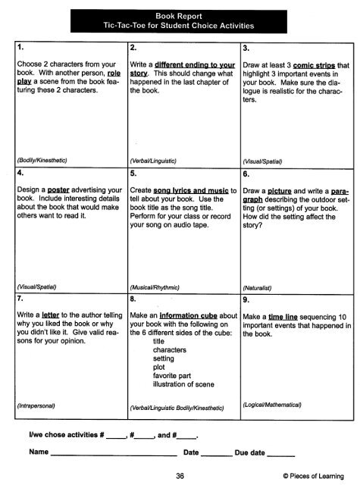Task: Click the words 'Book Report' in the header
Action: point(180,13)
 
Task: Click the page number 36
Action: point(180,475)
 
